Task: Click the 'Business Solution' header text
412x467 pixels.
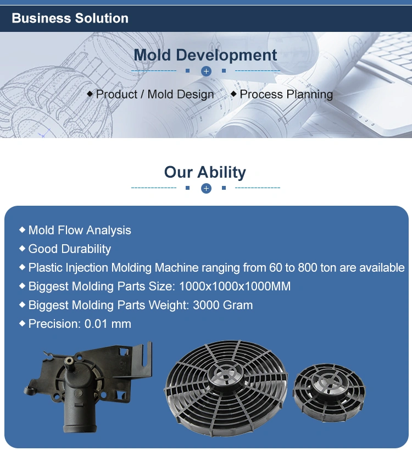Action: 70,18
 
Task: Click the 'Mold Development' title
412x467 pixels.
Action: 205,55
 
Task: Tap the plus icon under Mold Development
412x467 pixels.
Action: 206,71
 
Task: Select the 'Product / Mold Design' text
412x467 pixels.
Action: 155,95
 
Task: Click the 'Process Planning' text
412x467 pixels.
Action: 286,95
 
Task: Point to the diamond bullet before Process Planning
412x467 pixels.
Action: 233,94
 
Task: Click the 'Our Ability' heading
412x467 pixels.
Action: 205,172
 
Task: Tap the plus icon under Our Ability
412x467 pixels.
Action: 206,188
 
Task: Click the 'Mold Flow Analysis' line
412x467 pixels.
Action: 80,230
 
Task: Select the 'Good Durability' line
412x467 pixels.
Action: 70,249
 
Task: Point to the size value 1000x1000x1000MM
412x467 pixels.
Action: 235,287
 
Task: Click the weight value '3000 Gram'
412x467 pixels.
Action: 223,305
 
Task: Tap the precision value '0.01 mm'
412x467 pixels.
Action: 108,324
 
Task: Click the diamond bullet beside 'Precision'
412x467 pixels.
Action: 22,323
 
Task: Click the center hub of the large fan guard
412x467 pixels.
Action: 226,373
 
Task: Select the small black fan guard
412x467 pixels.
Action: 329,393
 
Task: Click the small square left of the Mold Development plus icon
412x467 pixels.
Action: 187,71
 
